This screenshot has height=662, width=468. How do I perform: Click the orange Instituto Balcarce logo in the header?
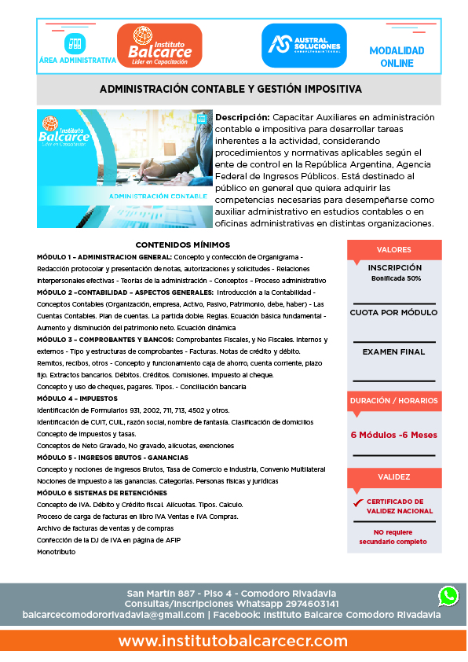tap(159, 45)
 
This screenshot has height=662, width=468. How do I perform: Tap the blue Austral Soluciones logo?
tap(304, 45)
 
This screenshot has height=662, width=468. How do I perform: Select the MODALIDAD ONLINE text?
tap(397, 56)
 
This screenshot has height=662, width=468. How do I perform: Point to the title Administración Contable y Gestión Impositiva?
tap(230, 90)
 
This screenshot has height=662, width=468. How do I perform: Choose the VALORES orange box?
tap(393, 250)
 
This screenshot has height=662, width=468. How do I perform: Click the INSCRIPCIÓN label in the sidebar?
tap(394, 268)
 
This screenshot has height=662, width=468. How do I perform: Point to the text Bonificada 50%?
tap(396, 278)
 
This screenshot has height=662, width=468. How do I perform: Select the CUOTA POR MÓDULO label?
tap(393, 313)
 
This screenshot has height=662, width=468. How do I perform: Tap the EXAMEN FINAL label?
tap(393, 351)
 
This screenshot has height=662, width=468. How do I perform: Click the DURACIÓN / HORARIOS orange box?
tap(393, 401)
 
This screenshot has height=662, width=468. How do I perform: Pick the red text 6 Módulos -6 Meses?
tap(393, 434)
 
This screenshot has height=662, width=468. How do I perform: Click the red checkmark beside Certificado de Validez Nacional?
tap(358, 502)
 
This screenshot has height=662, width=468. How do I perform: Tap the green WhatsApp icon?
tap(448, 596)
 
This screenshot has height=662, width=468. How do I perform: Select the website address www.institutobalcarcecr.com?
tap(233, 641)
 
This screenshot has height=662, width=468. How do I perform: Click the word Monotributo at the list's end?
tap(57, 552)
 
